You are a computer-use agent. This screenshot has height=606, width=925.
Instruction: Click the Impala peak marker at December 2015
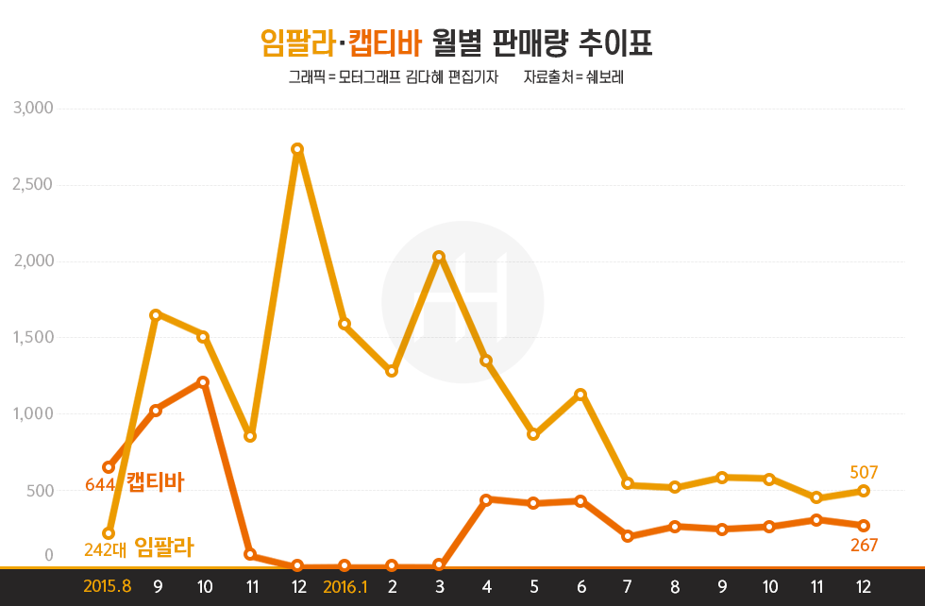coord(297,149)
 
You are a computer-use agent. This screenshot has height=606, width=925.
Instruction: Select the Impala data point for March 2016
coord(439,257)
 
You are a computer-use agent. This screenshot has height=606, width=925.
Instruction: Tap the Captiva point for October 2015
coord(203,382)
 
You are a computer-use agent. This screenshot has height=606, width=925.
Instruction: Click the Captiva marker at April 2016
coord(486,499)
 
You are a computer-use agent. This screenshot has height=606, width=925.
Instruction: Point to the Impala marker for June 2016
coord(580,395)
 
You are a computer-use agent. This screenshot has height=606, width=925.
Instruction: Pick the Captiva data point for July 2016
coord(628,536)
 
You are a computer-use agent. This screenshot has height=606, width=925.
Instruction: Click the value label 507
coord(864,471)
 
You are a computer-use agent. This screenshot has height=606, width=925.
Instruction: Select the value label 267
coord(864,545)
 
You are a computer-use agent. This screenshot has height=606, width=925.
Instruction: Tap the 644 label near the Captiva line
coord(99,485)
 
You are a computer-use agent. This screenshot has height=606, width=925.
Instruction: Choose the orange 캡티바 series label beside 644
coord(155,482)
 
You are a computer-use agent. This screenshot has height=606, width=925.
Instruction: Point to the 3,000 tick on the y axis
coord(33,109)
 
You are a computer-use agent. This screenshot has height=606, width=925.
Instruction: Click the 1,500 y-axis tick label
coord(33,338)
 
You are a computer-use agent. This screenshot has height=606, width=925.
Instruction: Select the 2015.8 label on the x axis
coord(107,586)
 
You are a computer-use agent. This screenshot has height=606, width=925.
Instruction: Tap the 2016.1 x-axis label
coord(345,586)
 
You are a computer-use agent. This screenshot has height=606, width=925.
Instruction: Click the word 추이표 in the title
coord(618,42)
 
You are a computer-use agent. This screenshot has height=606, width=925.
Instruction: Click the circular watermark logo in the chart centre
coord(462,302)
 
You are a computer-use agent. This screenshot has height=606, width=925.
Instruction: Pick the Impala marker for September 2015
coord(156,314)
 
